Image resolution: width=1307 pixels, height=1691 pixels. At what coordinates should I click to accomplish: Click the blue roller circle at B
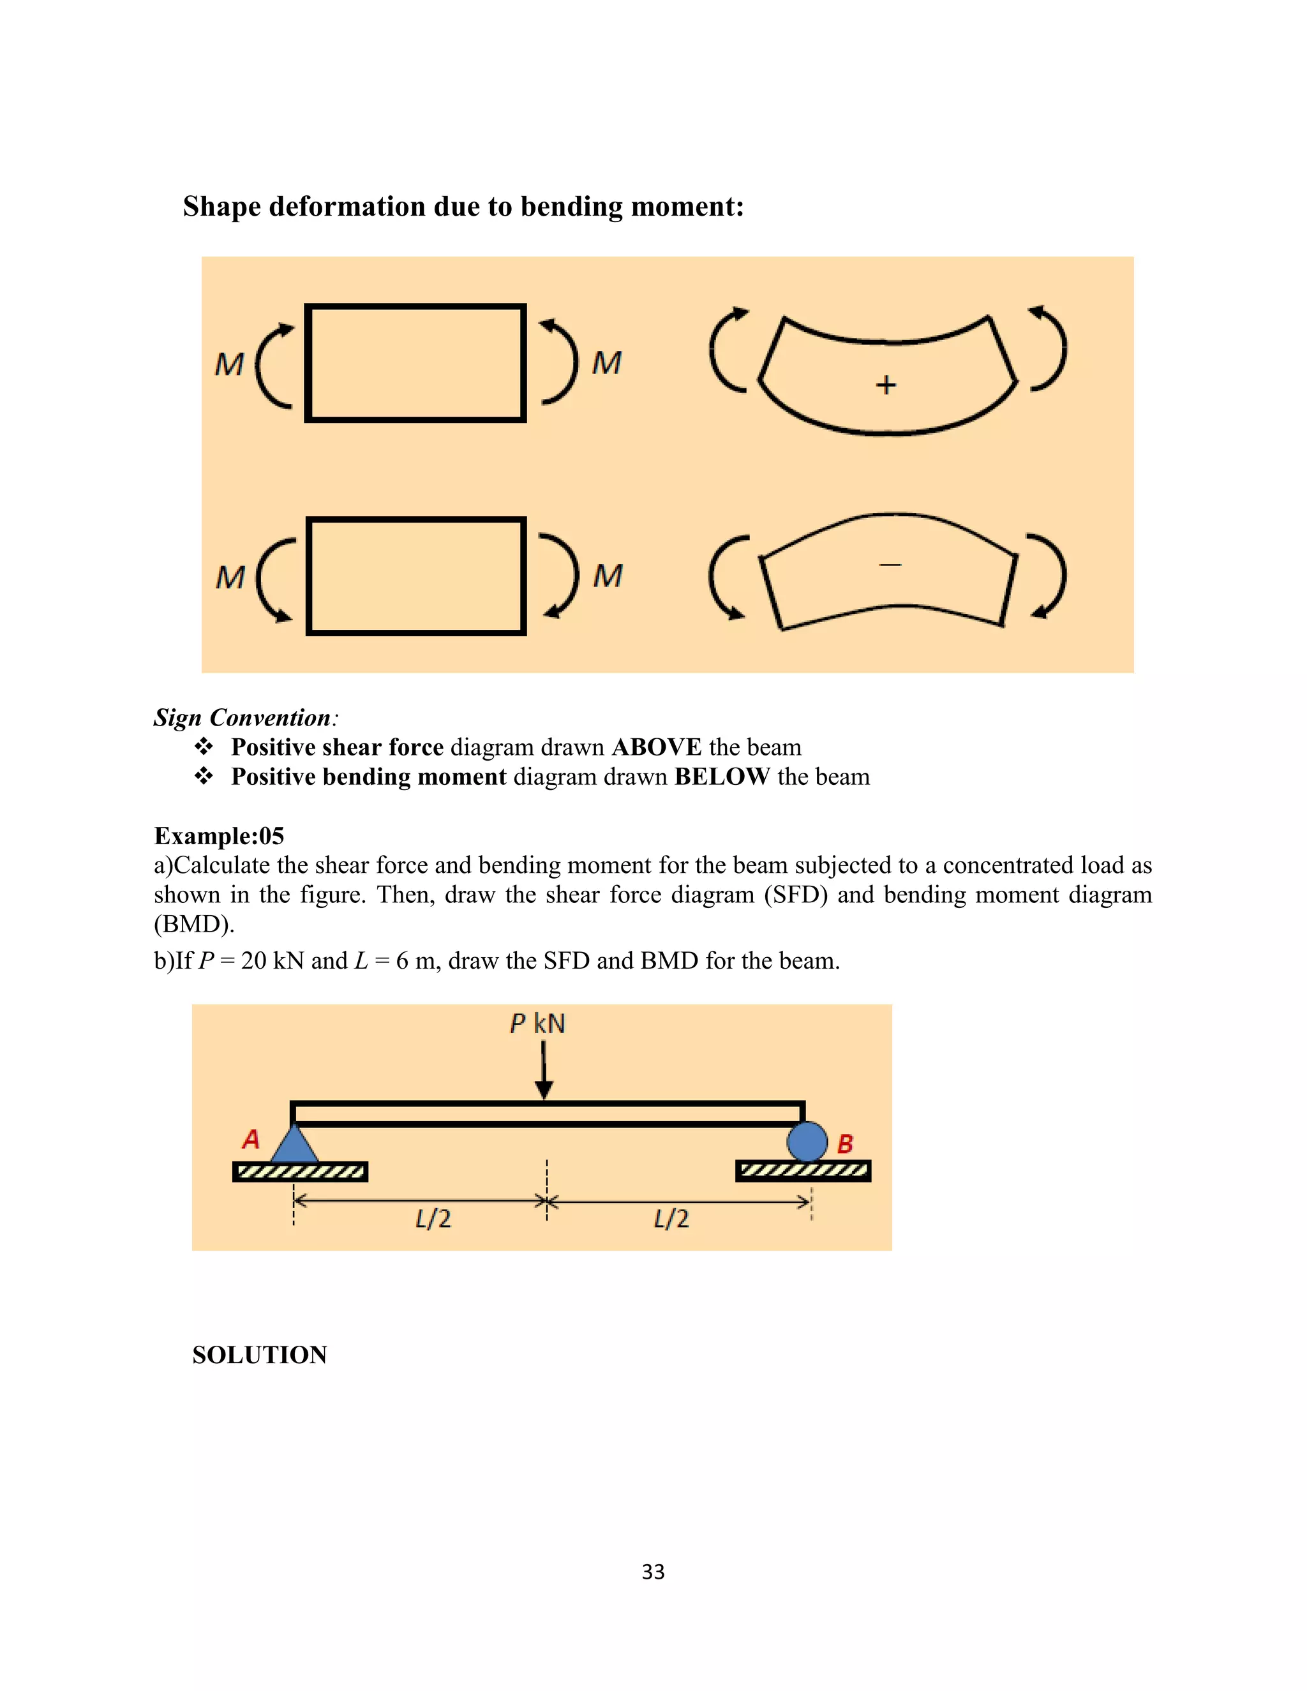tap(807, 1142)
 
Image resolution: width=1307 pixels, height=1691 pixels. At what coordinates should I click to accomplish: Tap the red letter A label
tap(251, 1139)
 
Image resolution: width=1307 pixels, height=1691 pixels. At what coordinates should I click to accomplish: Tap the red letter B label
tap(846, 1143)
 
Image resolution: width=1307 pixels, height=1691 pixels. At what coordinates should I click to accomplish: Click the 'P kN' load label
tap(537, 1024)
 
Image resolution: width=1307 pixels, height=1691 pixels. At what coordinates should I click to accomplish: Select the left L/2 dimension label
tap(433, 1219)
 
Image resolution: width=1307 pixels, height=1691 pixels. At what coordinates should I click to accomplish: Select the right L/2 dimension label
tap(671, 1219)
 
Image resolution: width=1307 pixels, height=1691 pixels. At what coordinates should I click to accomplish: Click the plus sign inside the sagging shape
tap(886, 385)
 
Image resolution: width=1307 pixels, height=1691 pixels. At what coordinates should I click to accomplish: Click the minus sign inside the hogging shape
tap(890, 565)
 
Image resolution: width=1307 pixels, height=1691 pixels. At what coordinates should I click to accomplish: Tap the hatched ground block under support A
tap(300, 1172)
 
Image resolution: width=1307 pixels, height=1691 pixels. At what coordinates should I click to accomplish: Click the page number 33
tap(653, 1572)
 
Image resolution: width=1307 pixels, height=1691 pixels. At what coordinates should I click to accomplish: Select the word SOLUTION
tap(259, 1355)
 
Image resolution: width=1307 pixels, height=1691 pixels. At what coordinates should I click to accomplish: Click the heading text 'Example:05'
tap(219, 836)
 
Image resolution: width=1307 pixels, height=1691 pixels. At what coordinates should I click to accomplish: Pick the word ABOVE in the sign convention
tap(657, 747)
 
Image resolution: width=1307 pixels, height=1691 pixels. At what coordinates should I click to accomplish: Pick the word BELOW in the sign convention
tap(722, 777)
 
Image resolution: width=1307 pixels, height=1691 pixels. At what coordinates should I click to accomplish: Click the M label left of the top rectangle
tap(229, 364)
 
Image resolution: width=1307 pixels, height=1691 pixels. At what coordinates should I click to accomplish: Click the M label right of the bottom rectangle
tap(608, 576)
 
